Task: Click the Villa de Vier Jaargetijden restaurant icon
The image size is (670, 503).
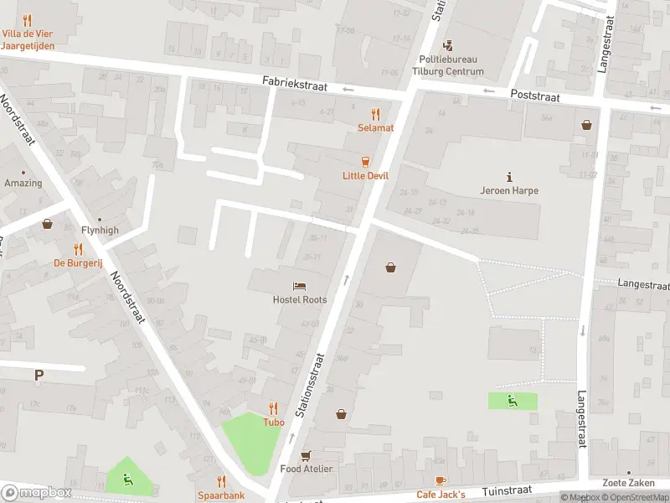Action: pos(28,20)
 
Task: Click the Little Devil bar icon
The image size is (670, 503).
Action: pos(365,162)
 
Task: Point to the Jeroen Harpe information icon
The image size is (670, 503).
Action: pos(509,176)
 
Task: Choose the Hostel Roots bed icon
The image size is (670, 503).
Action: pos(299,286)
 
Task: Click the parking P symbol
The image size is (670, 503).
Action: pos(39,376)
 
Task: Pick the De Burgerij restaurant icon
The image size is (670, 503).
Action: pos(78,249)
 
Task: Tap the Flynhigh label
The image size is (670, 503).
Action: pos(100,230)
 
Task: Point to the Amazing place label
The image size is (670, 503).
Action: pos(23,183)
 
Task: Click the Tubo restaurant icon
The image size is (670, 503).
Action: pos(274,409)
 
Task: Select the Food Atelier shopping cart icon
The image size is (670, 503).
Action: pos(307,455)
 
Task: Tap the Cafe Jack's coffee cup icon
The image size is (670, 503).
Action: pos(441,481)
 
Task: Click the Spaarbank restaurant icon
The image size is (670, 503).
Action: pos(221,481)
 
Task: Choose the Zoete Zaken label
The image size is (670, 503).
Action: pos(628,483)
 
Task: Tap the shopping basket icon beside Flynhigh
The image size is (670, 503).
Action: pos(47,224)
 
